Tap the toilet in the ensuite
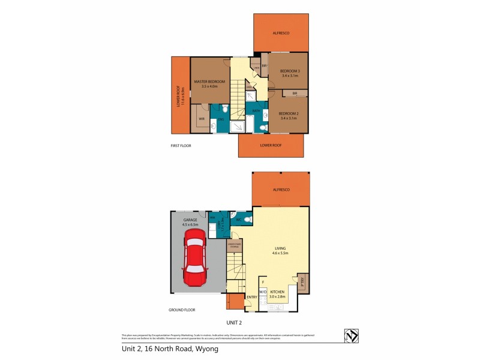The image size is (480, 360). pyautogui.click(x=224, y=109)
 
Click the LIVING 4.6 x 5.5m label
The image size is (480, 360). pyautogui.click(x=281, y=251)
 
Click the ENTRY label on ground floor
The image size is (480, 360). pyautogui.click(x=252, y=297)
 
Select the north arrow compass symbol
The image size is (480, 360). pyautogui.click(x=350, y=336)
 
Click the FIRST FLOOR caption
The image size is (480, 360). pyautogui.click(x=181, y=145)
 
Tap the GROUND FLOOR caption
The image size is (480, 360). pyautogui.click(x=182, y=310)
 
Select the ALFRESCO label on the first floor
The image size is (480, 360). pyautogui.click(x=281, y=33)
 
